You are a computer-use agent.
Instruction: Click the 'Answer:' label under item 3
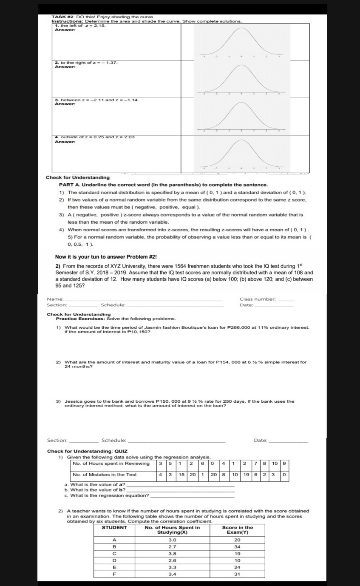tap(65, 104)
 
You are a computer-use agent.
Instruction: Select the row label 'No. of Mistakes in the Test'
tap(105, 475)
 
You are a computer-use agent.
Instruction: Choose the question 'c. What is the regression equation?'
tap(107, 495)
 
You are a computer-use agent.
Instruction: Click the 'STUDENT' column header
tap(114, 527)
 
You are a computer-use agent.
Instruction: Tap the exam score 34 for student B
tap(237, 546)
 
